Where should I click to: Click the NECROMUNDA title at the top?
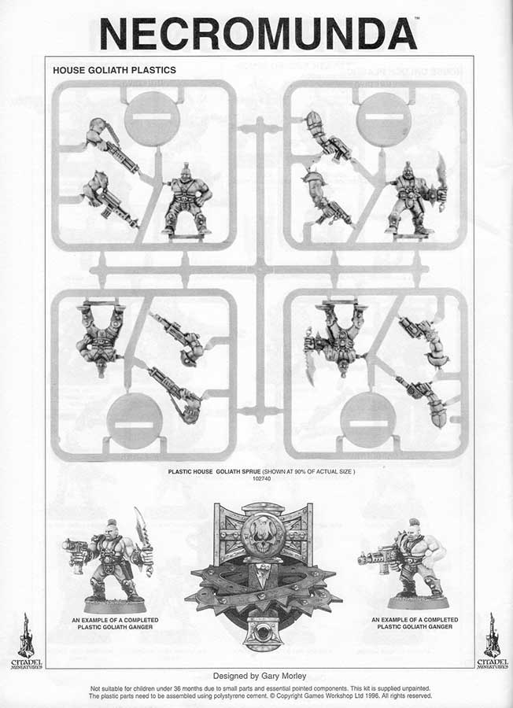point(258,34)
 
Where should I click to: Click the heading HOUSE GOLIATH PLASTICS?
point(114,70)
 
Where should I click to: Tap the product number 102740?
point(262,478)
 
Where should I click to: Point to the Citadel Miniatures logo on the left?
point(26,640)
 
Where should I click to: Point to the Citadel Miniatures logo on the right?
point(493,640)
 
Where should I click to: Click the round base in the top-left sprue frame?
point(152,118)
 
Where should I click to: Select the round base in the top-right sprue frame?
point(384,120)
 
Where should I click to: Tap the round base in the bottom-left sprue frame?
point(134,421)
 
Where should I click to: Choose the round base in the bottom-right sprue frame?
point(368,420)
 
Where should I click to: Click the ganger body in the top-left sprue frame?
point(187,199)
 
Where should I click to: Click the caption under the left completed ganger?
point(115,624)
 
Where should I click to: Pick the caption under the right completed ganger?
point(415,623)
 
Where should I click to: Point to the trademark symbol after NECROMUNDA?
point(417,19)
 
